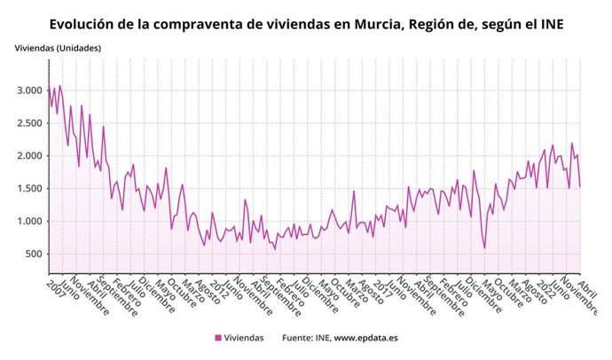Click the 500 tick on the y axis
click(34, 254)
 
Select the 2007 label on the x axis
click(58, 286)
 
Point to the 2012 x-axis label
click(216, 286)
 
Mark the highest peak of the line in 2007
click(59, 86)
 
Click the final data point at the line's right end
click(580, 186)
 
